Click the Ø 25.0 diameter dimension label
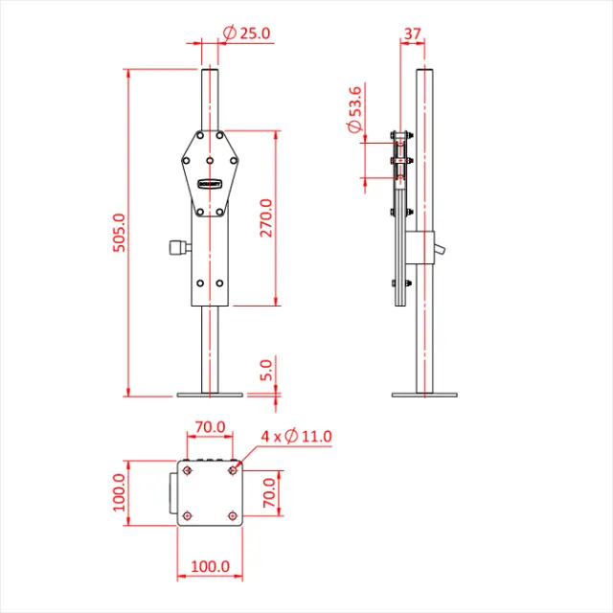tap(247, 33)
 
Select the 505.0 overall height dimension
tap(119, 231)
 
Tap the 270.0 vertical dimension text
tap(266, 217)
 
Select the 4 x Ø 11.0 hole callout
tap(296, 437)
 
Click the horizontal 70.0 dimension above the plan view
tap(210, 426)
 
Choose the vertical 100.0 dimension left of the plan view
tap(119, 492)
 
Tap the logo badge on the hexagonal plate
tap(210, 183)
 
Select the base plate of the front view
tap(210, 393)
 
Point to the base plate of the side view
tap(425, 393)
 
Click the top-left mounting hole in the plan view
tap(187, 470)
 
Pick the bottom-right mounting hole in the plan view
tap(233, 515)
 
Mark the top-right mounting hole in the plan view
tap(233, 470)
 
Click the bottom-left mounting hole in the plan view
tap(187, 515)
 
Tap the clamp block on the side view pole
tap(421, 248)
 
